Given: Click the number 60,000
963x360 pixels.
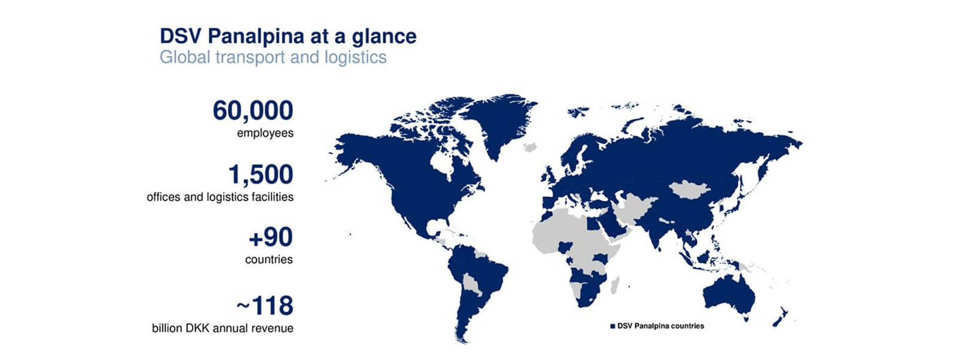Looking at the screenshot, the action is coord(253,111).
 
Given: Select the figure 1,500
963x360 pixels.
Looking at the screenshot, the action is coord(261,175).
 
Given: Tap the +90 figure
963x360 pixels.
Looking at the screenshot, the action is coord(271,237).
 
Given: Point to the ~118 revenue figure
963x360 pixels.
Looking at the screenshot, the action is coord(265,306).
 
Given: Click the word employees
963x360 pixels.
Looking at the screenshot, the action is coord(265,133).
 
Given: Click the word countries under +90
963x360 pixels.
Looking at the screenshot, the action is coord(269,260).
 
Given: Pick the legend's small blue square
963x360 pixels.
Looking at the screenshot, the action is coord(612,327).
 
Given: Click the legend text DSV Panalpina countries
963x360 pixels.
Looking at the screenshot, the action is coord(661,326).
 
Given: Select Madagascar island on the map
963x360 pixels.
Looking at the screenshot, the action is coord(614,285).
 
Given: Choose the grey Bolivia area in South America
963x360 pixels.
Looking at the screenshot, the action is coord(471,284).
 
